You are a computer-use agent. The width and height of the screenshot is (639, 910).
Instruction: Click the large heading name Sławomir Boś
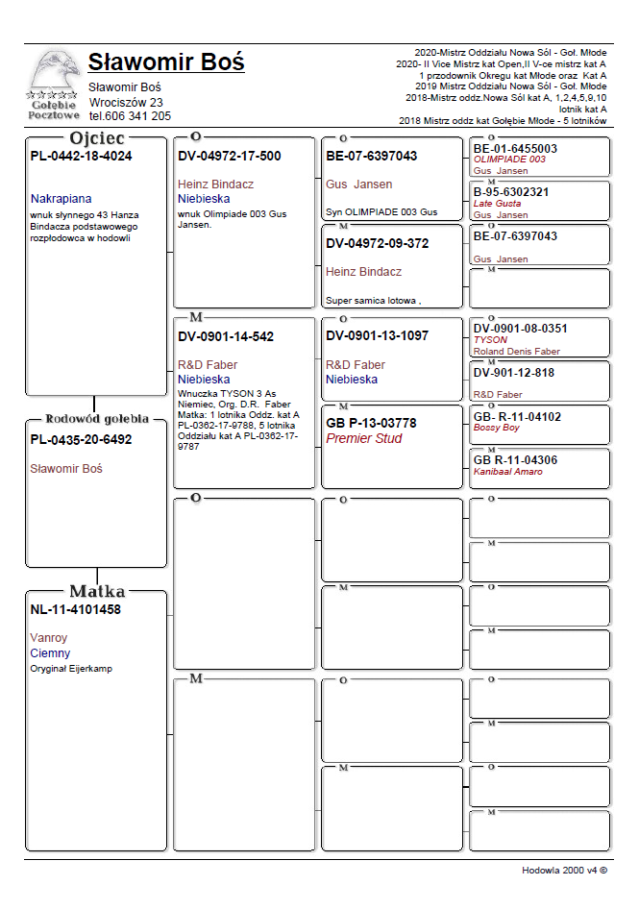[x=165, y=62]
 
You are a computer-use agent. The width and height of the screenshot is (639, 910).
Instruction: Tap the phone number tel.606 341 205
[x=130, y=116]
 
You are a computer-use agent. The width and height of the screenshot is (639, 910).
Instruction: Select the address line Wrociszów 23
[x=126, y=102]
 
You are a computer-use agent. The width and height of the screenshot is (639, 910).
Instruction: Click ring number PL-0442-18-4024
[x=82, y=156]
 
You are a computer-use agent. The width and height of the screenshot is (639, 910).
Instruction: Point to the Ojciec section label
[x=98, y=138]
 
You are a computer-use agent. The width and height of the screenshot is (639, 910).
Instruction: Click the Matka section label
[x=97, y=591]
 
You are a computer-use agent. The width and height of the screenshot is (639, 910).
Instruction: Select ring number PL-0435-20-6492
[x=82, y=440]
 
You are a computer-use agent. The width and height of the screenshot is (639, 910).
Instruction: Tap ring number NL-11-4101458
[x=76, y=609]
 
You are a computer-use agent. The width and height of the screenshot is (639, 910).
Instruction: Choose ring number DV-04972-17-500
[x=230, y=156]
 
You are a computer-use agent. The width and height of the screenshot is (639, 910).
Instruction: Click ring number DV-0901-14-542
[x=226, y=336]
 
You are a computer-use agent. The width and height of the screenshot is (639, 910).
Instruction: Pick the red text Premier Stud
[x=364, y=438]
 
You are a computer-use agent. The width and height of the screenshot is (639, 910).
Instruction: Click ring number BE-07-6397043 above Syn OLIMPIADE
[x=372, y=156]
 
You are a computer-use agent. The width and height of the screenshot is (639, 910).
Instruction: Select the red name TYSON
[x=490, y=339]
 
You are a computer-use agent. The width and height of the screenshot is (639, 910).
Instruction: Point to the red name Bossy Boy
[x=497, y=428]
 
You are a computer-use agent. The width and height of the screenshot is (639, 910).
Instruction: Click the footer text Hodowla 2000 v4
[x=565, y=870]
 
